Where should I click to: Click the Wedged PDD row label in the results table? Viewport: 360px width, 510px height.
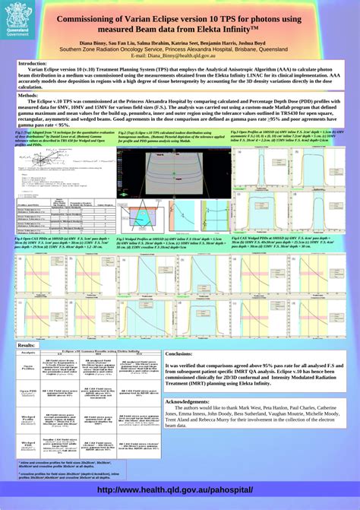(27, 442)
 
